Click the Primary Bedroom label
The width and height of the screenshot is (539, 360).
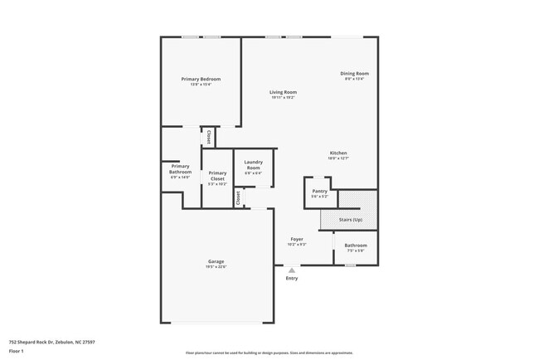pos(201,79)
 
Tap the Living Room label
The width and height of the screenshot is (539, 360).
pos(283,92)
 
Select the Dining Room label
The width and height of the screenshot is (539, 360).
pos(354,73)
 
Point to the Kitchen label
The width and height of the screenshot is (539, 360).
pos(338,153)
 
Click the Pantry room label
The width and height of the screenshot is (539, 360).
pos(319,191)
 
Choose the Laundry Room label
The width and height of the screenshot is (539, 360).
pos(253,164)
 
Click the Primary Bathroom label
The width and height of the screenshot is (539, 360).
pos(180,168)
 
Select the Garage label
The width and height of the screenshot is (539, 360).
pos(216,261)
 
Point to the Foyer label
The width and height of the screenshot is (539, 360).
pos(297,239)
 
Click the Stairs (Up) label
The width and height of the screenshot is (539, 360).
pos(351,220)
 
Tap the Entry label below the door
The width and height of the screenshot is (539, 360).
pos(291,278)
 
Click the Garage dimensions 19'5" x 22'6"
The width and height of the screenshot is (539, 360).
pos(216,267)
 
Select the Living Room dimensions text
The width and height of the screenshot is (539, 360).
pos(283,98)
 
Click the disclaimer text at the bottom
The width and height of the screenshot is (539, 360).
pos(269,353)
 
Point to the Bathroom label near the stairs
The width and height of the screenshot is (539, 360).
pos(356,245)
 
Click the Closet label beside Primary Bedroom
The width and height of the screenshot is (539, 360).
pos(209,137)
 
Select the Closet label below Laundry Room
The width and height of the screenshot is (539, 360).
pos(238,197)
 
